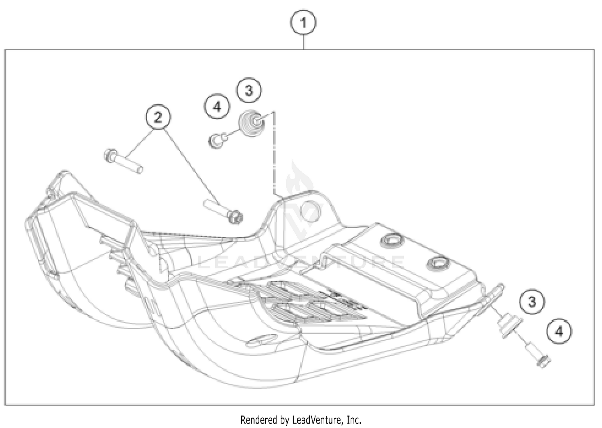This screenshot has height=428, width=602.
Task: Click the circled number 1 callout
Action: coord(303,23)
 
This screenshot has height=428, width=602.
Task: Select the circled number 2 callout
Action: coord(158,117)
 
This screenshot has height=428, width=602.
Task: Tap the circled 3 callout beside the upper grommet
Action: coord(249,90)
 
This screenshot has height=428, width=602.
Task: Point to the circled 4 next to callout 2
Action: coord(217,107)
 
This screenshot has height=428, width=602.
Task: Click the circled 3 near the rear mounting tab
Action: coord(532,301)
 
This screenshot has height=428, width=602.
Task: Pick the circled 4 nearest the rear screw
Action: coord(559,331)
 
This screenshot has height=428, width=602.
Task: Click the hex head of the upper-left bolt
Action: coord(110,156)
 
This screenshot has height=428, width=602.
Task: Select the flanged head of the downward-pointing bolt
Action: coord(235,217)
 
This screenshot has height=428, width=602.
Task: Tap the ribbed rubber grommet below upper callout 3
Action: coord(251,123)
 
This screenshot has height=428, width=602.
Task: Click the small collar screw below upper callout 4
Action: coord(217,141)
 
